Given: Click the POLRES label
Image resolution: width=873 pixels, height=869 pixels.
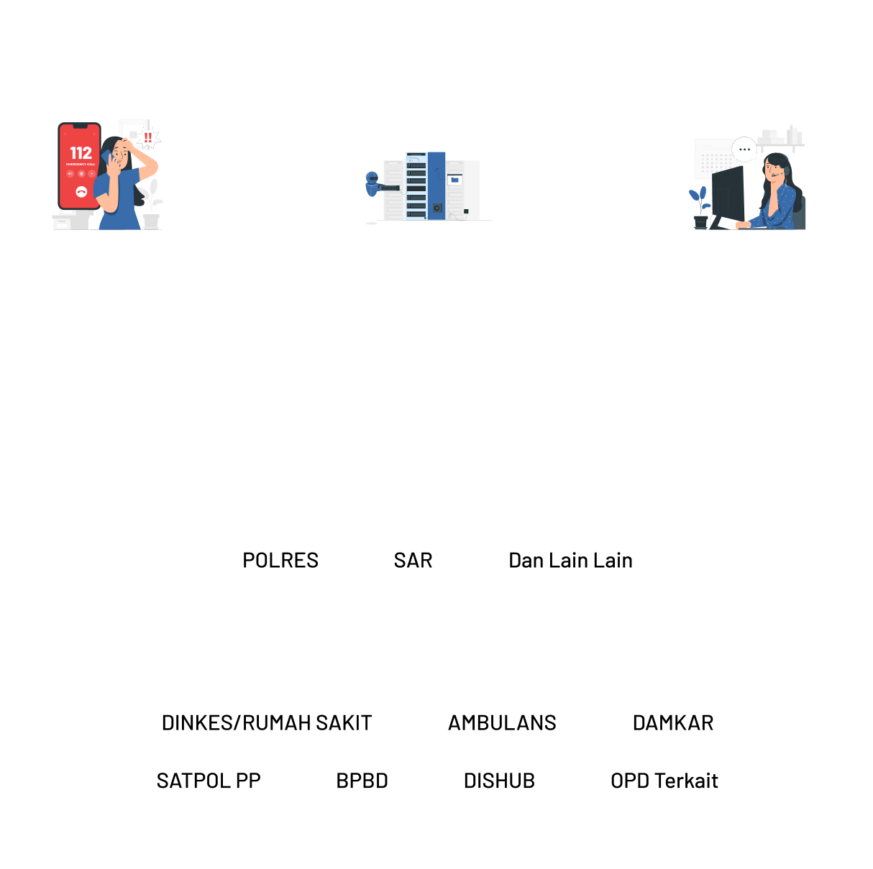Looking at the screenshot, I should [280, 561].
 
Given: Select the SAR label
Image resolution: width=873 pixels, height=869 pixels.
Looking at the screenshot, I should [413, 561].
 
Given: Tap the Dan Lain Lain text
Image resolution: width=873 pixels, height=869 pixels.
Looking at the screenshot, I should [570, 561].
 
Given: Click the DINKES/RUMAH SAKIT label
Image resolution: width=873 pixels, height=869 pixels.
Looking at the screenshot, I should [267, 723].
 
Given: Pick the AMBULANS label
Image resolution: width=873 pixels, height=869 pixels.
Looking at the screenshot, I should [502, 723].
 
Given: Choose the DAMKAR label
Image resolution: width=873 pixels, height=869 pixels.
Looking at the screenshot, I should [673, 723].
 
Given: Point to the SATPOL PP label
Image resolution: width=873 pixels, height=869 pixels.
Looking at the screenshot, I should [209, 781].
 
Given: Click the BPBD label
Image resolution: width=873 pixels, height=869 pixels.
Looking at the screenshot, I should [362, 781].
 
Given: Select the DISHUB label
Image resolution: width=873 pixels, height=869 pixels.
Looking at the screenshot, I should [499, 781].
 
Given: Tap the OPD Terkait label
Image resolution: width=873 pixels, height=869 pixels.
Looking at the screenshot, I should [664, 781].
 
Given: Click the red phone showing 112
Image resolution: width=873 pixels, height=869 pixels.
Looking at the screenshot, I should [79, 167].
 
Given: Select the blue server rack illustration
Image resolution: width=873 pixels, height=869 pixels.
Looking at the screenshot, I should [435, 185].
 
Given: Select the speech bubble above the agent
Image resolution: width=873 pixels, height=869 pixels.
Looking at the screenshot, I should [744, 150].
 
